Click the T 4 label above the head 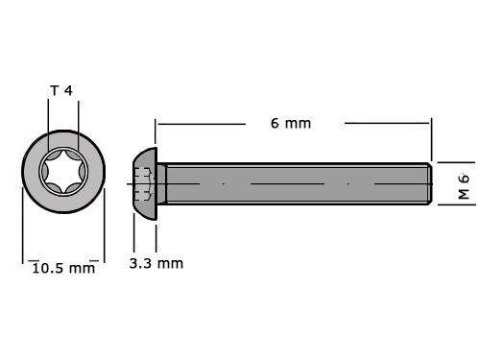(61, 90)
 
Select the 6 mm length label (292, 123)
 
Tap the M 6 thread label (463, 184)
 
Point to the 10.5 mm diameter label (63, 268)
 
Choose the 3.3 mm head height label (156, 262)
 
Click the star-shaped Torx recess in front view (61, 176)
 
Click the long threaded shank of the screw (298, 182)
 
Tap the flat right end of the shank (429, 182)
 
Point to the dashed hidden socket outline (144, 182)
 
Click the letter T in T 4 (54, 90)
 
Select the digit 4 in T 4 (69, 90)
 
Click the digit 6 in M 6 (463, 177)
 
